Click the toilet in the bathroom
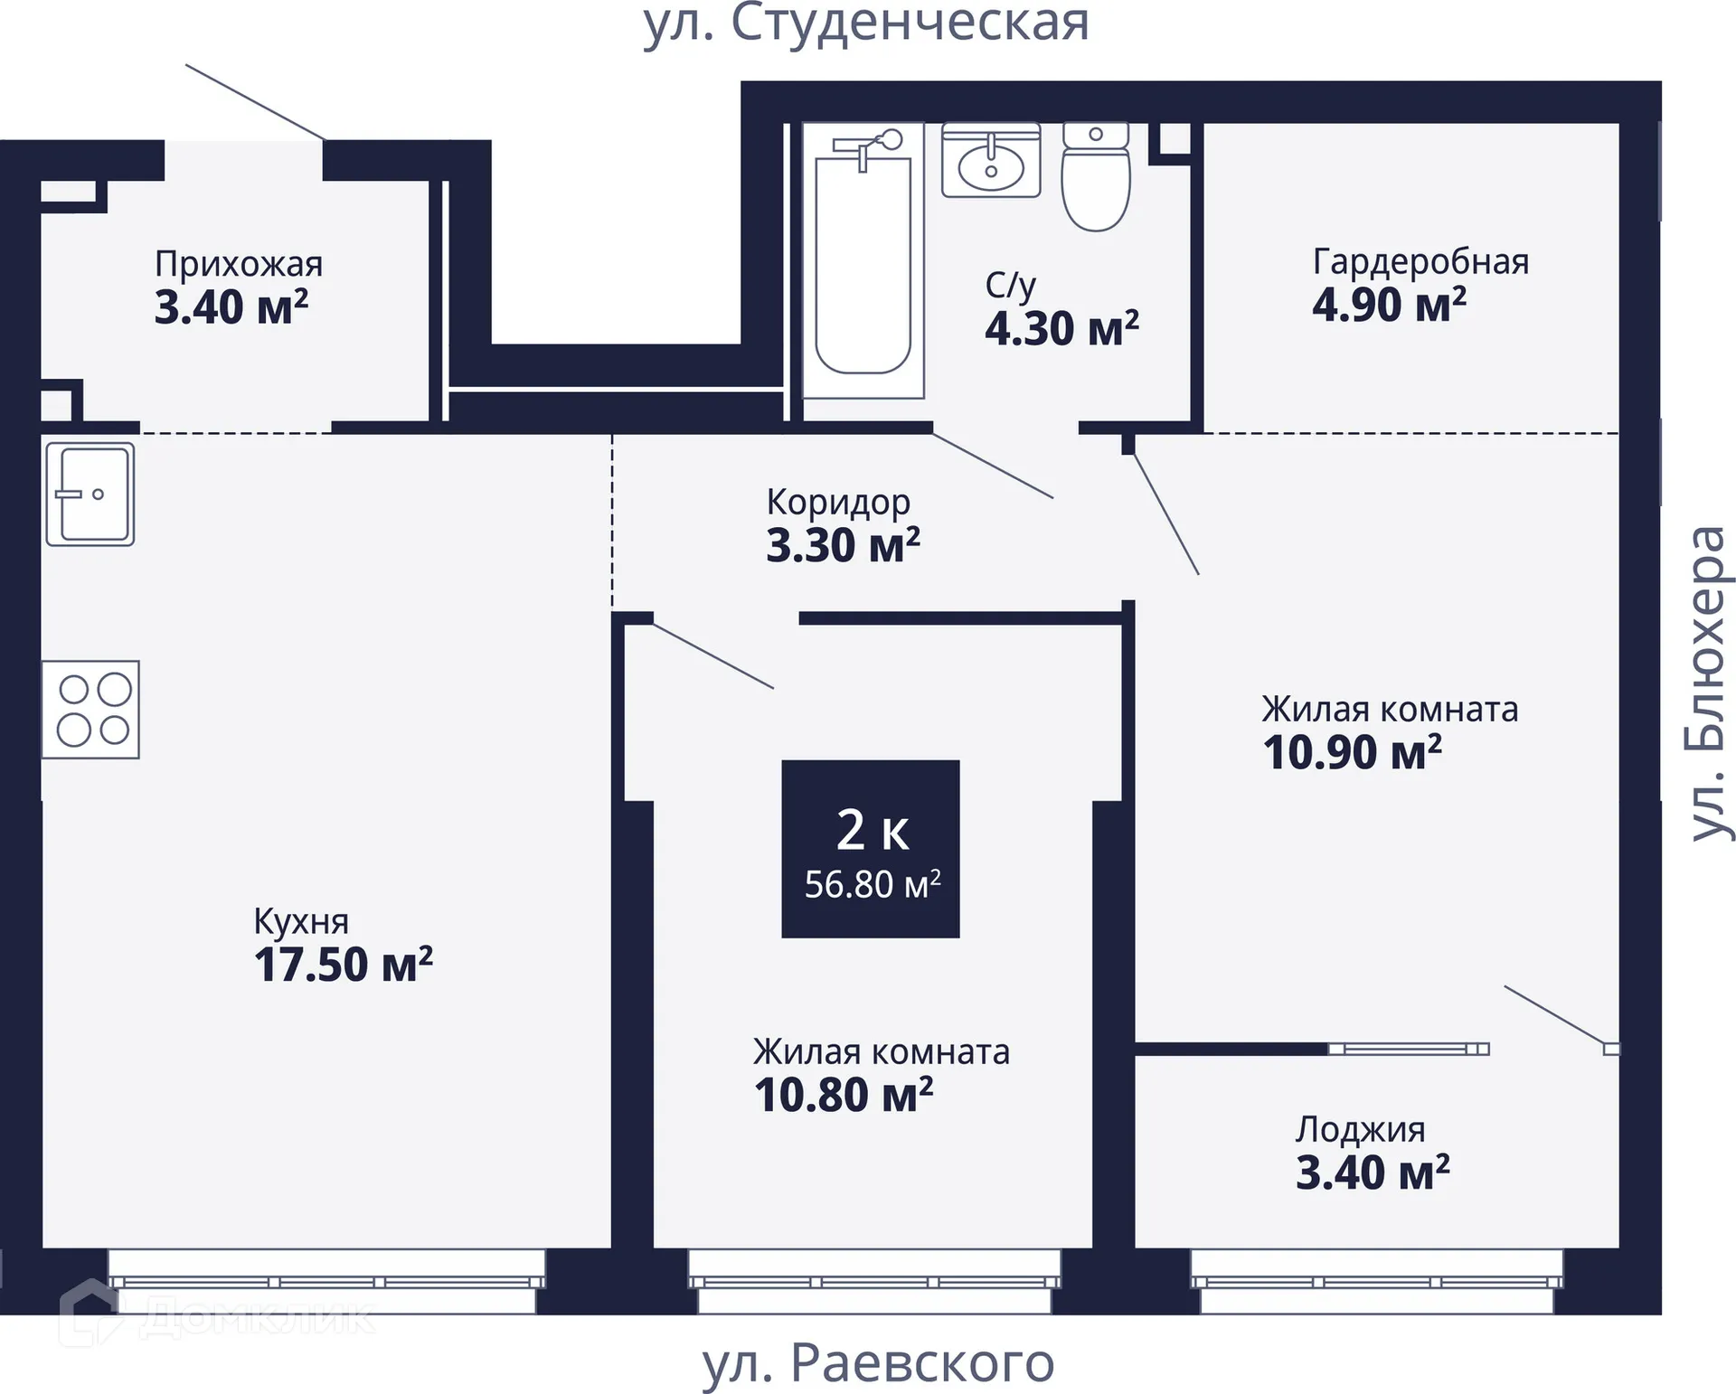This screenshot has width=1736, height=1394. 1096,177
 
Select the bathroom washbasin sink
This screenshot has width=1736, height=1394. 991,161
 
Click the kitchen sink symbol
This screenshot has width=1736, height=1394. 90,494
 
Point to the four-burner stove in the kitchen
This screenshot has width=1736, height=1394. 90,710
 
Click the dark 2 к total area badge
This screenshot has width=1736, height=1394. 871,849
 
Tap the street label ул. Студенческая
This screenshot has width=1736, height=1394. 866,24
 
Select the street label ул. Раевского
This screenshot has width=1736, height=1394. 879,1362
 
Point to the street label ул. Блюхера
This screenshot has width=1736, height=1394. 1708,683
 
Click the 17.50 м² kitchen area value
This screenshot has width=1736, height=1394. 344,965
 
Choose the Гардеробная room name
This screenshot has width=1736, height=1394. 1420,261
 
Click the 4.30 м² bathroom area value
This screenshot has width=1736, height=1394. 1061,328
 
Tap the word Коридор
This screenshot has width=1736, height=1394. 838,503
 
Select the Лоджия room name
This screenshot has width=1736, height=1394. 1360,1130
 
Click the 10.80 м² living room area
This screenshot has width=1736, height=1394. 844,1095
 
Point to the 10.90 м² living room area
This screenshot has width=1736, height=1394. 1352,752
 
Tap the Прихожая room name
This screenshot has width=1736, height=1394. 239,265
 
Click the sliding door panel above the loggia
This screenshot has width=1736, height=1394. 1408,1049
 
